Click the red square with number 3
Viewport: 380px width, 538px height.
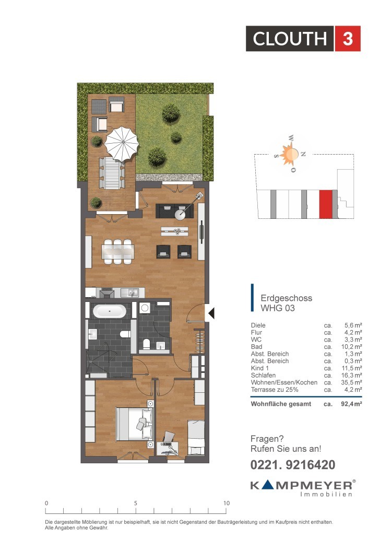point(348,39)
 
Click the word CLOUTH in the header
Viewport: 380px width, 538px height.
point(290,39)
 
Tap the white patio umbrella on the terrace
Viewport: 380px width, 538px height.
point(122,144)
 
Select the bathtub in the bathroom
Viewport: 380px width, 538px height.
point(110,311)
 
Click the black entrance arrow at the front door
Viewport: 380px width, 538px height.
point(211,313)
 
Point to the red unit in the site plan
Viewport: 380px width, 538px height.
point(326,204)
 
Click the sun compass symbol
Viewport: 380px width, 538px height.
point(291,154)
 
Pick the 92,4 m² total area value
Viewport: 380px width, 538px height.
point(351,404)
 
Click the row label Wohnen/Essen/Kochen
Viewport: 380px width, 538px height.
point(284,382)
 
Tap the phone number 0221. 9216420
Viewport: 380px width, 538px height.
point(293,464)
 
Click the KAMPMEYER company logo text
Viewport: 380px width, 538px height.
point(303,485)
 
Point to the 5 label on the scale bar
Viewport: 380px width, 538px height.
point(136,503)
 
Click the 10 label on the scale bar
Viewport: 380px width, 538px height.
point(227,503)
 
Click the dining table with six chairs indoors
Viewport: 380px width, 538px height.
point(118,252)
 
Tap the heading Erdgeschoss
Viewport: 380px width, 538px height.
point(287,298)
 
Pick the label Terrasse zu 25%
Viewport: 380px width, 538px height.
point(275,390)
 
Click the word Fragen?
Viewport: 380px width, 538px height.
point(267,439)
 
